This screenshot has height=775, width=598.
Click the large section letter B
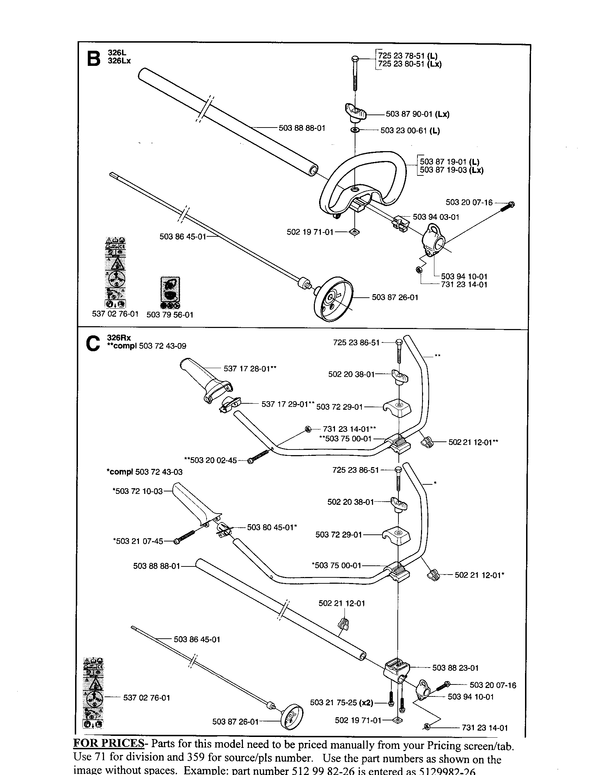pos(94,59)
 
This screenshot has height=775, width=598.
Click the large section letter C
pos(93,344)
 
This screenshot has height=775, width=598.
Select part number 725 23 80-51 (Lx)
pos(410,64)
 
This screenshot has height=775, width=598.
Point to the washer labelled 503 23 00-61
pos(355,130)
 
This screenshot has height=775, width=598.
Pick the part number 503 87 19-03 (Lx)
pos(452,170)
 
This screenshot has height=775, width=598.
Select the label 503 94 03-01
pos(436,217)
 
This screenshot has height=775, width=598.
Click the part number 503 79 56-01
pos(170,315)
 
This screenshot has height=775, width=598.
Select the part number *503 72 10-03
pos(138,491)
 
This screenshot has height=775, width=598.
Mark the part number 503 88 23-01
pos(455,668)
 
